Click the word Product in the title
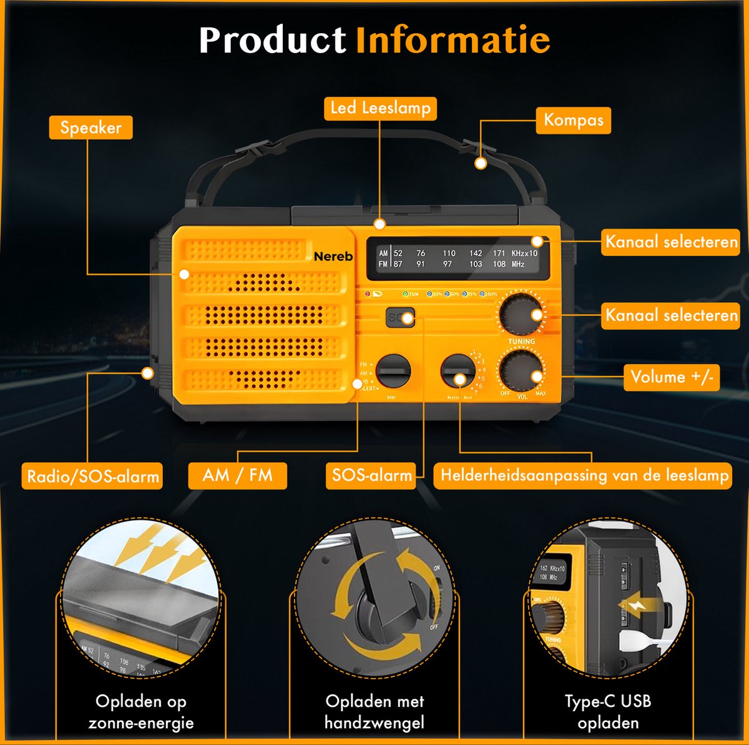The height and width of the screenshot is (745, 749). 272,41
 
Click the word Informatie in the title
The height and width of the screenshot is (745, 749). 453,41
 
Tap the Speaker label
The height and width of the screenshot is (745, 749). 91,128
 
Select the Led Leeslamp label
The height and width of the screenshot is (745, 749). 380,108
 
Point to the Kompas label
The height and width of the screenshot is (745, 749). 573,120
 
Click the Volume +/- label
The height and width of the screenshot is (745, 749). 671,377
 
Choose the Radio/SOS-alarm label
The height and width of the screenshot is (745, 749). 92,476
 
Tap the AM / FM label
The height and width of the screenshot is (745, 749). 237,475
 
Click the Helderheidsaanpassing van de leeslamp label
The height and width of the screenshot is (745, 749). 584,475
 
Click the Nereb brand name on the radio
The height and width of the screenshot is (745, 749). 333,256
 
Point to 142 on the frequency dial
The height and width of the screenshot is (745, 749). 476,253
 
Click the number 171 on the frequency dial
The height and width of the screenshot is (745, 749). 499,253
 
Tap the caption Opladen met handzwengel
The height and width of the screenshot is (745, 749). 374,712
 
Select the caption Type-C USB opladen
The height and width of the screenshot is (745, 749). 608,712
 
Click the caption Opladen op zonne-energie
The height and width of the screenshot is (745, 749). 141,712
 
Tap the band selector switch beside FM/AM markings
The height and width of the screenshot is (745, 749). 394,372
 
